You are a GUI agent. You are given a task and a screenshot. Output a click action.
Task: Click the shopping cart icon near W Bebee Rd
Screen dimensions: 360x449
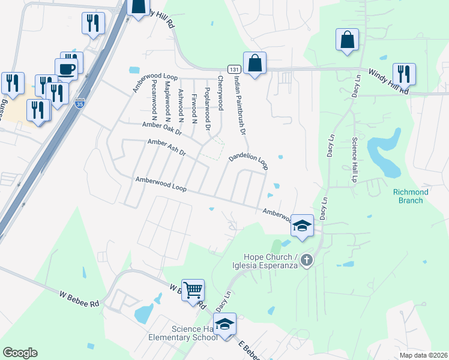click(x=193, y=290)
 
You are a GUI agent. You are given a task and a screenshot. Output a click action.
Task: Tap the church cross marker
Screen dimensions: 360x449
click(x=307, y=260)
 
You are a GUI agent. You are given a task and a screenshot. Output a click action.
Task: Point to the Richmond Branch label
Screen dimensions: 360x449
click(x=411, y=196)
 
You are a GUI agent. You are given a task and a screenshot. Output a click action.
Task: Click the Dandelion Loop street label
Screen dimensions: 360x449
click(x=248, y=161)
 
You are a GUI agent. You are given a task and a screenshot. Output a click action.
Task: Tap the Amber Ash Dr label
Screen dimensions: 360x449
click(x=167, y=147)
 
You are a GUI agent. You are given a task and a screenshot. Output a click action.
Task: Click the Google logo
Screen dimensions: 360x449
click(x=20, y=353)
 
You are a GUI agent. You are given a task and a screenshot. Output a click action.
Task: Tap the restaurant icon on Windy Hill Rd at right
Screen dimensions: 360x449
click(x=404, y=74)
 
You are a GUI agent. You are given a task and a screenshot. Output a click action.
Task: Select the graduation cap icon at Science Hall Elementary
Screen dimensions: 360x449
click(x=225, y=324)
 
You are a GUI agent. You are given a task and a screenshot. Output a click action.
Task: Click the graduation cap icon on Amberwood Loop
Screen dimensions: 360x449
click(x=302, y=226)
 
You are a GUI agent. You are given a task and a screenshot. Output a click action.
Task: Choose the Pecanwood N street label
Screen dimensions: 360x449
click(x=154, y=97)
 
